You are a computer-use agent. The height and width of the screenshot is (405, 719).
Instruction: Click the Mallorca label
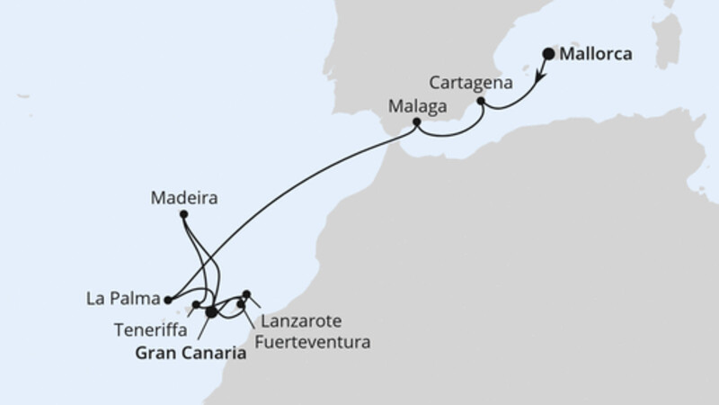(596, 55)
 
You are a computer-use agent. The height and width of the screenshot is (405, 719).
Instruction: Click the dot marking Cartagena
(481, 103)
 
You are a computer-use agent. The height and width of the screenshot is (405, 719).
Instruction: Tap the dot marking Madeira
(183, 214)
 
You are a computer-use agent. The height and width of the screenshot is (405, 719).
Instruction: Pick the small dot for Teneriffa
(196, 305)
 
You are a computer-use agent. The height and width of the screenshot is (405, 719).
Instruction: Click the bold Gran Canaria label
(191, 355)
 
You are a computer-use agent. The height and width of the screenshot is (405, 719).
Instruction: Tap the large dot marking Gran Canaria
(211, 312)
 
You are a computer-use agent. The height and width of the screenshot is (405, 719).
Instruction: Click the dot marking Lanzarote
(247, 293)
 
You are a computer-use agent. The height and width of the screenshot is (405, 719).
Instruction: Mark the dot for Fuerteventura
(240, 304)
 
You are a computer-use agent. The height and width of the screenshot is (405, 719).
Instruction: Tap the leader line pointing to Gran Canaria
(205, 329)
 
